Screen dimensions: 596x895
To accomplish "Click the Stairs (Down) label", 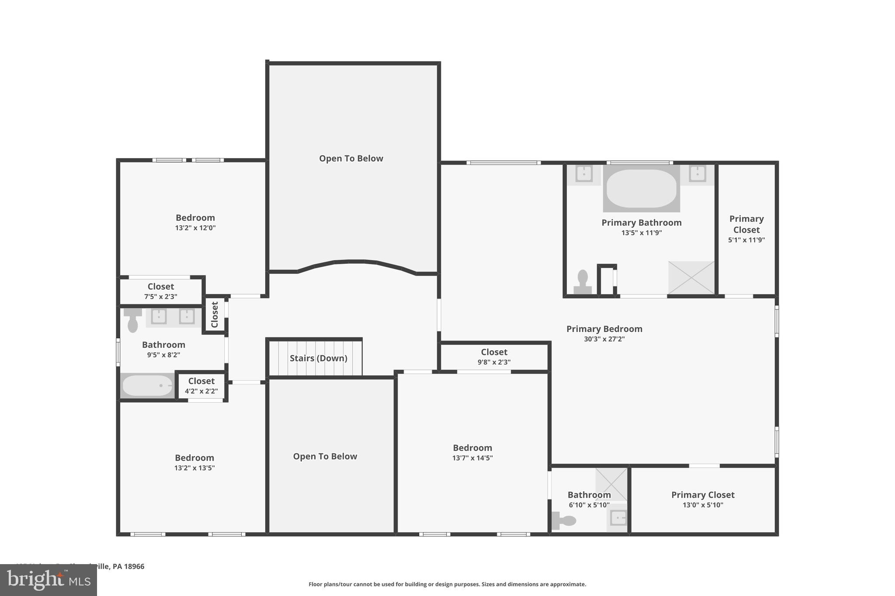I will pyautogui.click(x=318, y=358).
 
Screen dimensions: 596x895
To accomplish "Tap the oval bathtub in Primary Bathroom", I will pyautogui.click(x=641, y=188).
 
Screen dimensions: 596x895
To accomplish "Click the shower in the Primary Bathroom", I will pyautogui.click(x=691, y=277).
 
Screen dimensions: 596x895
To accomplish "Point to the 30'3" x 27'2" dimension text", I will pyautogui.click(x=604, y=339).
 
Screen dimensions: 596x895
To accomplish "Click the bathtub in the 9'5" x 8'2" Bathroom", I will pyautogui.click(x=147, y=386).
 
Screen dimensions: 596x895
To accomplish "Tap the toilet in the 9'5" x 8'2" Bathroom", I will pyautogui.click(x=132, y=320).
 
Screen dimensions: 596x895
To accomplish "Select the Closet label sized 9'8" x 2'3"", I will pyautogui.click(x=494, y=352).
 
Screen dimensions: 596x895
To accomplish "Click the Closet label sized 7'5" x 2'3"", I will pyautogui.click(x=160, y=286).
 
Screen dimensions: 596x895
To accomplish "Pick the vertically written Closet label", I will pyautogui.click(x=215, y=314).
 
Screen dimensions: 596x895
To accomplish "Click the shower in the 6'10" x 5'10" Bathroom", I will pyautogui.click(x=611, y=483).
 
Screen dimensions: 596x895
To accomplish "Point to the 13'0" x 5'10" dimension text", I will pyautogui.click(x=703, y=505).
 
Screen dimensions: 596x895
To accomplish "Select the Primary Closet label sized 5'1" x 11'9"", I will pyautogui.click(x=746, y=224).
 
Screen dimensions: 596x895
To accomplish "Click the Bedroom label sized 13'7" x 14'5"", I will pyautogui.click(x=472, y=448).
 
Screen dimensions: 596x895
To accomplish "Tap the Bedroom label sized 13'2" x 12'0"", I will pyautogui.click(x=195, y=217).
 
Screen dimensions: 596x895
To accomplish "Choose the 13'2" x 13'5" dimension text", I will pyautogui.click(x=194, y=468).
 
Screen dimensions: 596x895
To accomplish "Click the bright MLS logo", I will pyautogui.click(x=49, y=580).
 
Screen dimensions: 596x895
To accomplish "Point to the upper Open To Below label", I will pyautogui.click(x=351, y=158).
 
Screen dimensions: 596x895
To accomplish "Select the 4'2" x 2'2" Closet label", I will pyautogui.click(x=201, y=381).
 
